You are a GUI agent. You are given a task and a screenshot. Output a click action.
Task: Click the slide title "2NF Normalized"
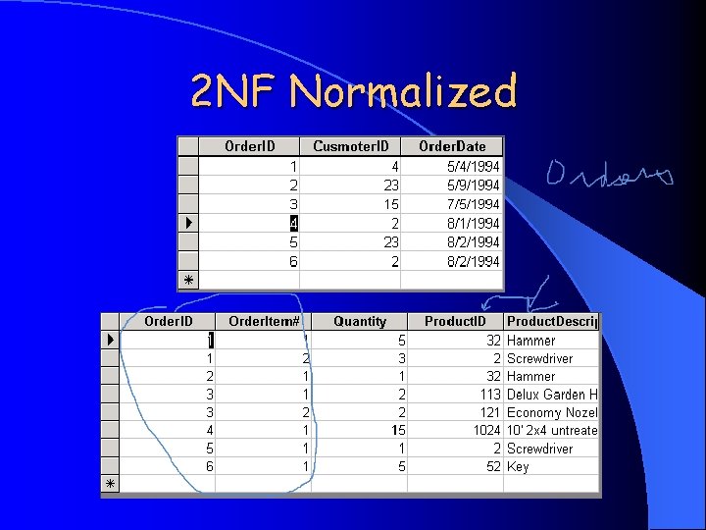click(x=354, y=93)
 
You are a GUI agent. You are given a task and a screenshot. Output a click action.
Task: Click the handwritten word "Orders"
click(x=609, y=176)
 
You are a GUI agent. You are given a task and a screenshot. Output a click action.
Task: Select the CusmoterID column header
click(x=351, y=146)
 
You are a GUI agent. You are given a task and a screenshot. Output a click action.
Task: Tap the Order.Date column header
click(x=452, y=146)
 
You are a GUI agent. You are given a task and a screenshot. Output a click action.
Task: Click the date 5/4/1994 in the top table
click(x=473, y=167)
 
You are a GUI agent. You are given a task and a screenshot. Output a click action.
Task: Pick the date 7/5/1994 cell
click(x=473, y=204)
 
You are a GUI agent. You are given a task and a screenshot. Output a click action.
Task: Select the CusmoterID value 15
click(x=390, y=204)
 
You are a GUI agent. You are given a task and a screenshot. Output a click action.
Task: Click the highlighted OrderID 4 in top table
click(x=293, y=224)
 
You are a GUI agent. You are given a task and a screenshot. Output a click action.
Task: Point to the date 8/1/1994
click(x=473, y=224)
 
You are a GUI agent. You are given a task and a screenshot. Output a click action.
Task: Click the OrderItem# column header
click(x=264, y=321)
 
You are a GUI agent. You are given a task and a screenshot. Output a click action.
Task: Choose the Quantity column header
click(x=360, y=321)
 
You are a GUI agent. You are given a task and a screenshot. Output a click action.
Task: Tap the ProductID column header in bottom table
click(x=455, y=321)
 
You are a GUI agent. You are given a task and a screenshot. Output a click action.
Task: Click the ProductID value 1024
click(x=484, y=431)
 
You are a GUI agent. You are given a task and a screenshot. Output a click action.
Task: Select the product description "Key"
click(x=518, y=467)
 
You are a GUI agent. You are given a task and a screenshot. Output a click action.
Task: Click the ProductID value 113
click(x=490, y=395)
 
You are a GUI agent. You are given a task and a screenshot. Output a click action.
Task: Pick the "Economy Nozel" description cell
click(x=552, y=413)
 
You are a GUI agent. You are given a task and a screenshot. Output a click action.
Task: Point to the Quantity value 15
click(x=398, y=431)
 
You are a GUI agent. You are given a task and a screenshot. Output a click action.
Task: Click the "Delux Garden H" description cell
click(x=552, y=395)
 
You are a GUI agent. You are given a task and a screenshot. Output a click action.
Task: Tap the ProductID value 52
click(x=493, y=467)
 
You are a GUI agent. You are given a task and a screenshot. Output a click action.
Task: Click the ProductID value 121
click(x=490, y=413)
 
